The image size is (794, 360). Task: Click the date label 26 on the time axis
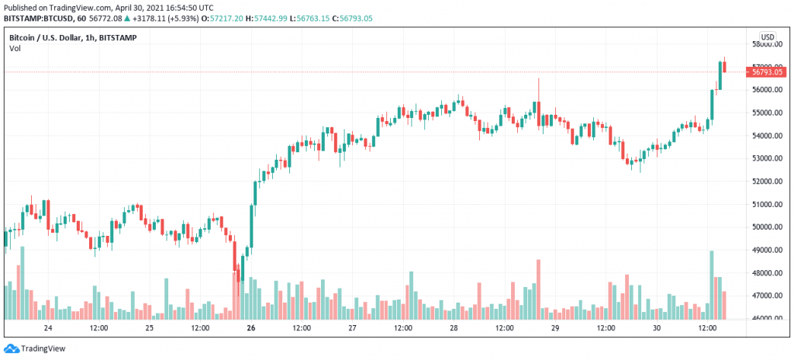[x=251, y=328]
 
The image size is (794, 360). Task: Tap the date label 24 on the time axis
[x=48, y=328]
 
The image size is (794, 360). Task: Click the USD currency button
[x=767, y=36]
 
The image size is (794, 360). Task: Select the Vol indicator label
[x=15, y=48]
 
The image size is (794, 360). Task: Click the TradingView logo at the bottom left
[x=35, y=349]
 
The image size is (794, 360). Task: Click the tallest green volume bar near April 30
[x=711, y=285]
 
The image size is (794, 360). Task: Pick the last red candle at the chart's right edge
[x=724, y=78]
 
